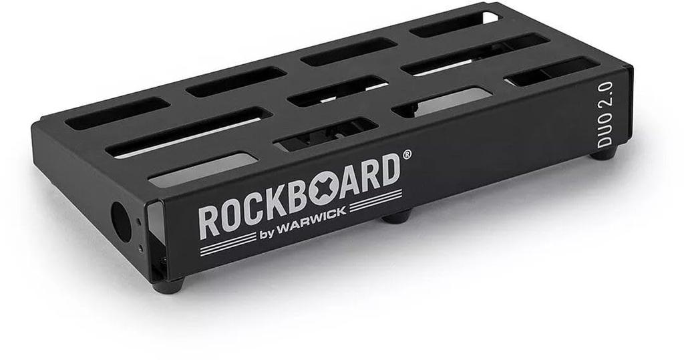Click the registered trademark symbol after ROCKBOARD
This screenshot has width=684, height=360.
click(406, 154)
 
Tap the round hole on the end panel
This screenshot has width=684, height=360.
click(122, 222)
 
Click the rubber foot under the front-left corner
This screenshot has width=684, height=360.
click(168, 287)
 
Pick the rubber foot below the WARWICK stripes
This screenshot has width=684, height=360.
click(397, 216)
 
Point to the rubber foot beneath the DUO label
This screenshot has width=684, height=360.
click(604, 154)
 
